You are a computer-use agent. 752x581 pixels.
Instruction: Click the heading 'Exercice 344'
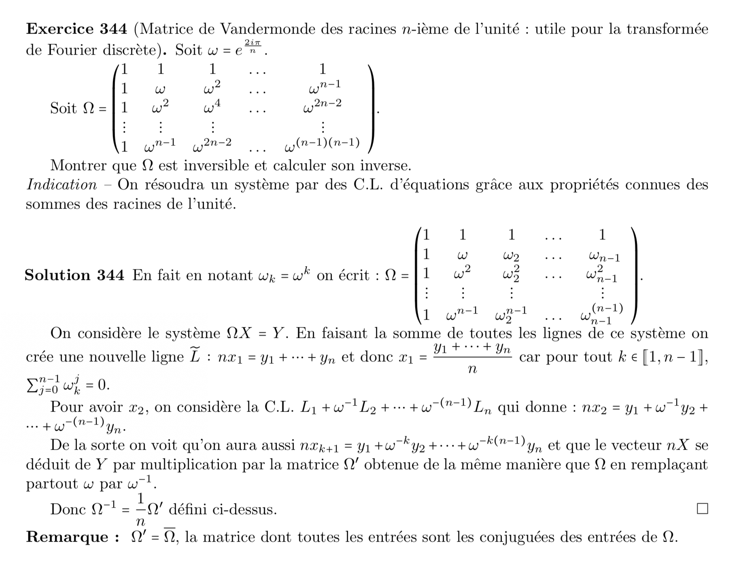coord(76,29)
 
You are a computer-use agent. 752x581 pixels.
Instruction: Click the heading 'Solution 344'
coord(74,275)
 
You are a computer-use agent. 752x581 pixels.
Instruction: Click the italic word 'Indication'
coord(62,185)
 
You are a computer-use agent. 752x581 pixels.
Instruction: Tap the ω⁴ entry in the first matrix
coord(212,107)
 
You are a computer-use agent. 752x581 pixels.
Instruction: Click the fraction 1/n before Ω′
coord(140,509)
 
